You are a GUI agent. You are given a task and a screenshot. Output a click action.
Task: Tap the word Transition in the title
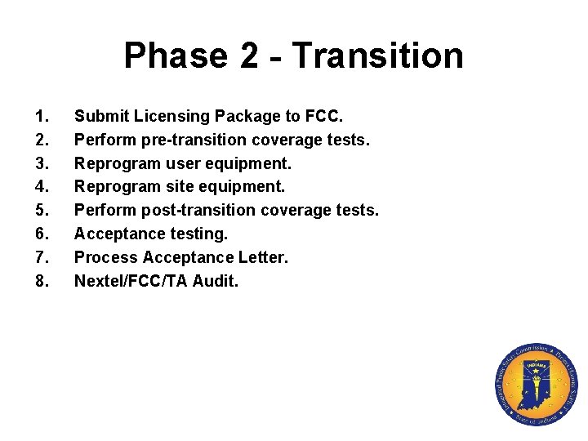coord(377,56)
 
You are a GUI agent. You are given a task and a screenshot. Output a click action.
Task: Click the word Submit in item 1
coord(100,116)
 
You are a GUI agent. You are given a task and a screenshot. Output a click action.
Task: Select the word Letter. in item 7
coord(263,258)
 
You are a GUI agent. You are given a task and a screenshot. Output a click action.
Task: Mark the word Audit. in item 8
coord(216,282)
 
